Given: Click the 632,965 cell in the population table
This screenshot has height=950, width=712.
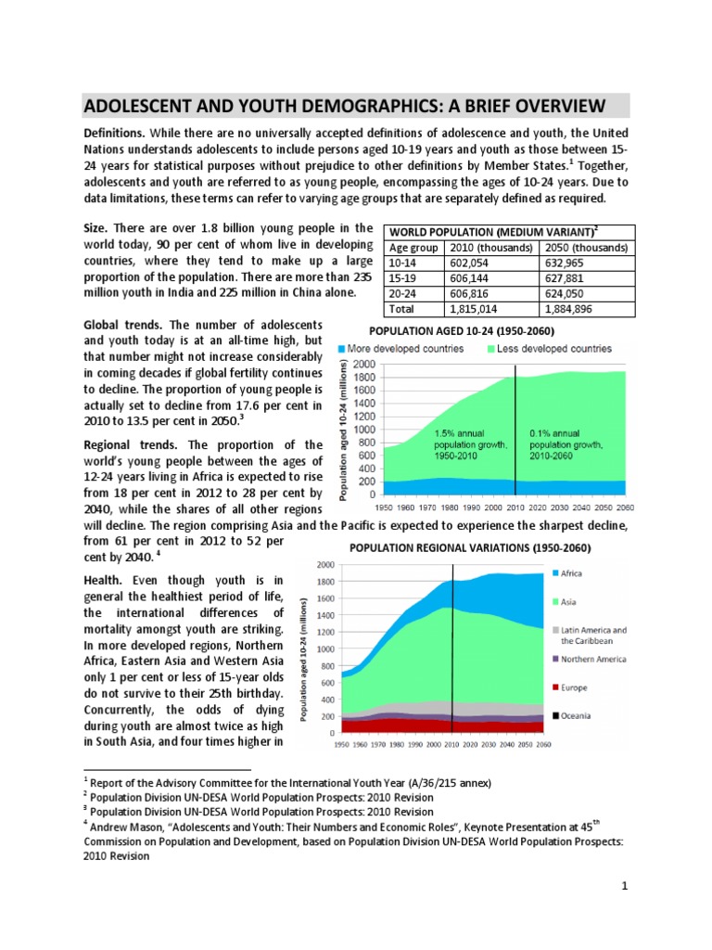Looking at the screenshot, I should pyautogui.click(x=571, y=263).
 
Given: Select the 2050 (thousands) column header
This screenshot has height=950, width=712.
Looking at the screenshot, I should pyautogui.click(x=585, y=248).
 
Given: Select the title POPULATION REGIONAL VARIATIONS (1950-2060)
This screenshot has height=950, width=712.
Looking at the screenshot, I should pyautogui.click(x=469, y=548).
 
